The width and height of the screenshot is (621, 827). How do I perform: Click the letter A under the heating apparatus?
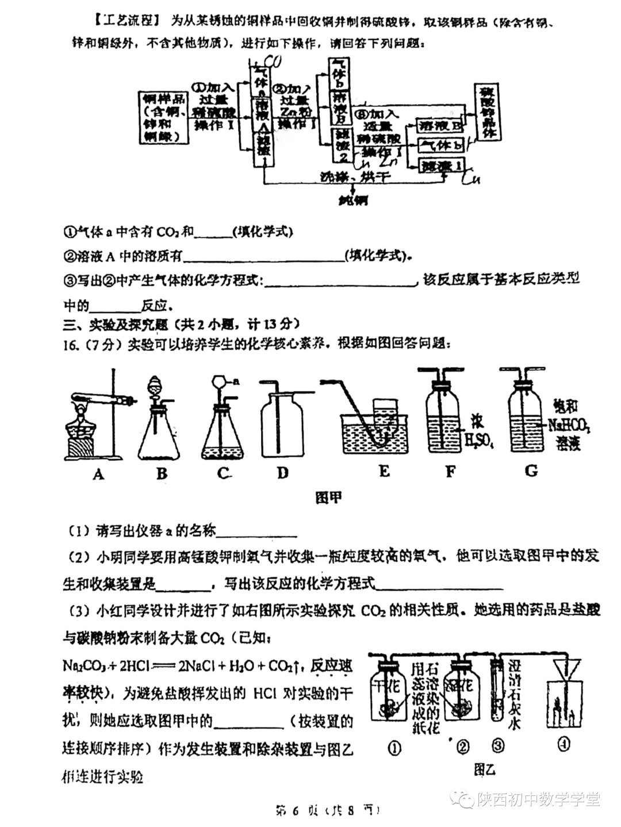(x=98, y=474)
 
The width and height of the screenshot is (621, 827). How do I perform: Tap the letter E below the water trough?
(x=384, y=472)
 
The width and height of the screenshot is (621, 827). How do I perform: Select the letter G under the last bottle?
(x=531, y=471)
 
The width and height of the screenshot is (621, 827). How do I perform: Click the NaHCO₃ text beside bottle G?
(x=569, y=426)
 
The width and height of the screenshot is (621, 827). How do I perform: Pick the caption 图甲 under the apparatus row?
(x=328, y=497)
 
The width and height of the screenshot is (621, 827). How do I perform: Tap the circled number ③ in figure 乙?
(x=499, y=746)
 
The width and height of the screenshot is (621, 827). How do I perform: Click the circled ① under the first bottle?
(x=394, y=748)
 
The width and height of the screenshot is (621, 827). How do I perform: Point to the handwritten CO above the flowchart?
(x=270, y=62)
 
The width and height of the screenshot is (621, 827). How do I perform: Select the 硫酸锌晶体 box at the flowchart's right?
(x=488, y=112)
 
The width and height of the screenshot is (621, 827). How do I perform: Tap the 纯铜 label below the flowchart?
(x=353, y=201)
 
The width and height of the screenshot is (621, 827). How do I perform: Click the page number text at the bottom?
(x=328, y=811)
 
